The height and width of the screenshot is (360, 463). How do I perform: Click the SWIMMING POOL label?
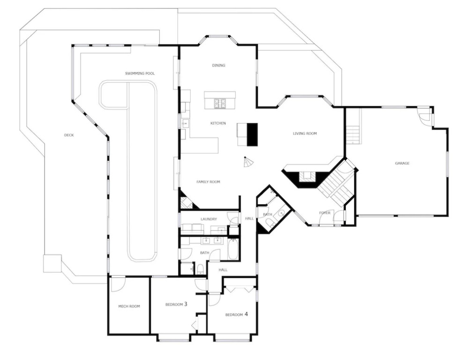140,74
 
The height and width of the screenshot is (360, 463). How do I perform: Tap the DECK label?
69,135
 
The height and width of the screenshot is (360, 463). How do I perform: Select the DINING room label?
218,65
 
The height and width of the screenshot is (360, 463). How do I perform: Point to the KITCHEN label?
218,123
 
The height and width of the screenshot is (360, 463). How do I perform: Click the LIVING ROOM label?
305,134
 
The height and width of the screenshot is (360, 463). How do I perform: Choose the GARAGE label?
402,163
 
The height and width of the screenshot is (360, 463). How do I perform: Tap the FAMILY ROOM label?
208,182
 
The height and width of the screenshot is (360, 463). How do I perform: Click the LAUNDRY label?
209,219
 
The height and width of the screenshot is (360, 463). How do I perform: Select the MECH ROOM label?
129,307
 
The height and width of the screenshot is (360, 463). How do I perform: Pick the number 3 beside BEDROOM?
186,304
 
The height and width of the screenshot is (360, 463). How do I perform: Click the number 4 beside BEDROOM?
246,314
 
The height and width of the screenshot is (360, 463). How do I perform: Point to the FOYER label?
325,213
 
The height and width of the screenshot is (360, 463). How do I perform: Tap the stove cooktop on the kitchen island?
220,103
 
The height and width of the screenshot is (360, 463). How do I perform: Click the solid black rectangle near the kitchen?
252,135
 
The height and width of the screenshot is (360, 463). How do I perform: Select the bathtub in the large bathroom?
233,249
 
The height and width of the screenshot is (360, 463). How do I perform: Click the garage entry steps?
352,135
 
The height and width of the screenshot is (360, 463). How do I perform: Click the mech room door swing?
118,284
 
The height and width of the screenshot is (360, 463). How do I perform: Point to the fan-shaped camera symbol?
248,162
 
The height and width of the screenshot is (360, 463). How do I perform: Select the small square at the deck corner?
52,264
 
